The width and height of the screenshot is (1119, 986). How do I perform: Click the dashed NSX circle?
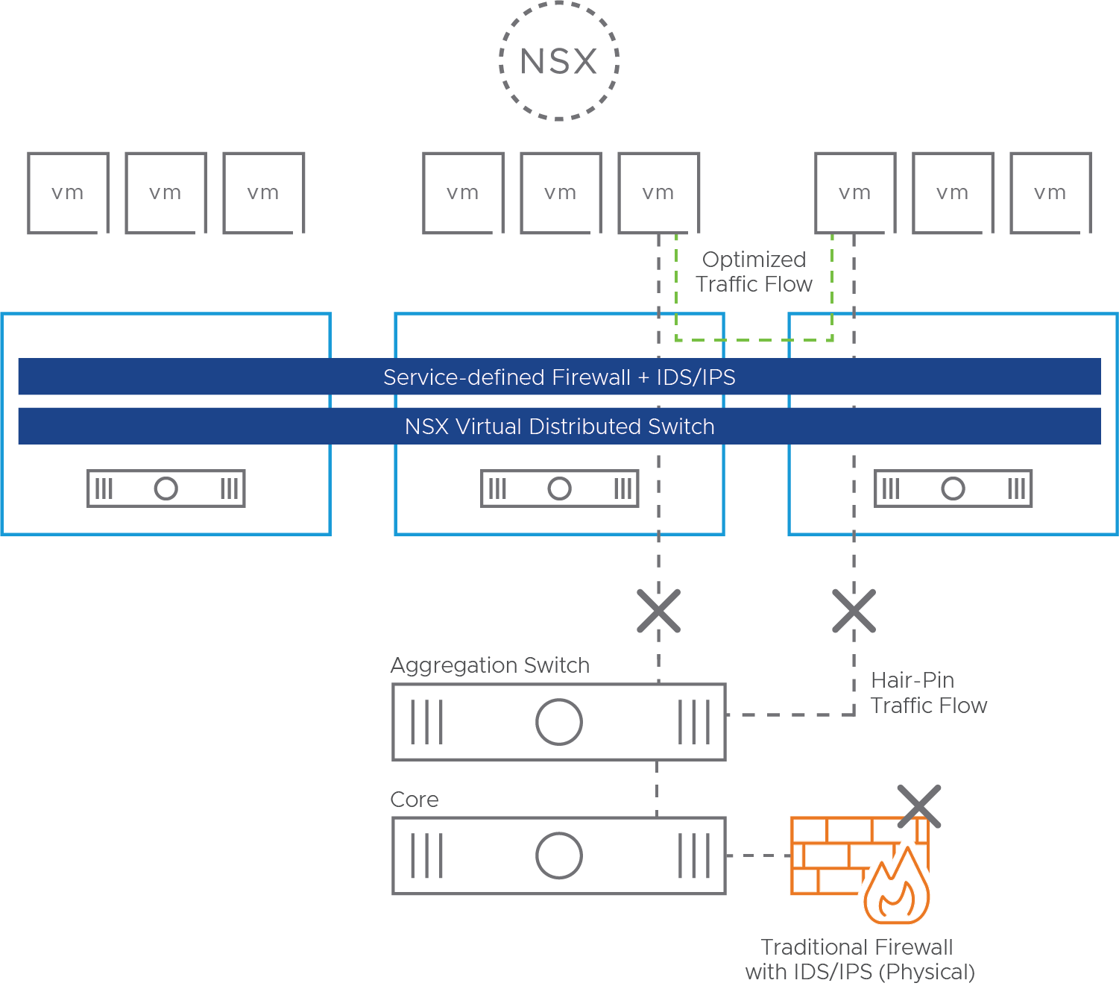tap(558, 61)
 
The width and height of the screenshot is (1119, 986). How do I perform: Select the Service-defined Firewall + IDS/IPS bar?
tap(559, 377)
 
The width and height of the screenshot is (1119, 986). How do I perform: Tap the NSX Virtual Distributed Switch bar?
tap(559, 426)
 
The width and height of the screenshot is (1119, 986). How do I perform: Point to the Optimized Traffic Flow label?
tap(754, 271)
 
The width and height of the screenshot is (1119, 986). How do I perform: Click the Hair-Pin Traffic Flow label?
tap(928, 692)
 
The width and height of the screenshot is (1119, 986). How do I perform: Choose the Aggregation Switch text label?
tap(490, 665)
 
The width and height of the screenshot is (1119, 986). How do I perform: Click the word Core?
tap(414, 800)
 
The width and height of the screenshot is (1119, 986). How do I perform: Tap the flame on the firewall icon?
tap(897, 888)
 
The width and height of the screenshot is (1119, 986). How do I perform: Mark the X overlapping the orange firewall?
tap(919, 806)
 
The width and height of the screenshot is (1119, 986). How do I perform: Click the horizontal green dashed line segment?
tap(754, 340)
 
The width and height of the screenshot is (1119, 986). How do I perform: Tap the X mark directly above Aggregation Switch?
tap(658, 611)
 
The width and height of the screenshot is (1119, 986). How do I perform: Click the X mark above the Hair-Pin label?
tap(854, 611)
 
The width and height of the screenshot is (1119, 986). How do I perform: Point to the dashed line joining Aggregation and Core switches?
tap(657, 788)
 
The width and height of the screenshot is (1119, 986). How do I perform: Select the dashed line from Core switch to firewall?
tap(757, 855)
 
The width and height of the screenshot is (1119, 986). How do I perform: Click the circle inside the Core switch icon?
tap(558, 855)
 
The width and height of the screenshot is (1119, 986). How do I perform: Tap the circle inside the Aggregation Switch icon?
tap(558, 722)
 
